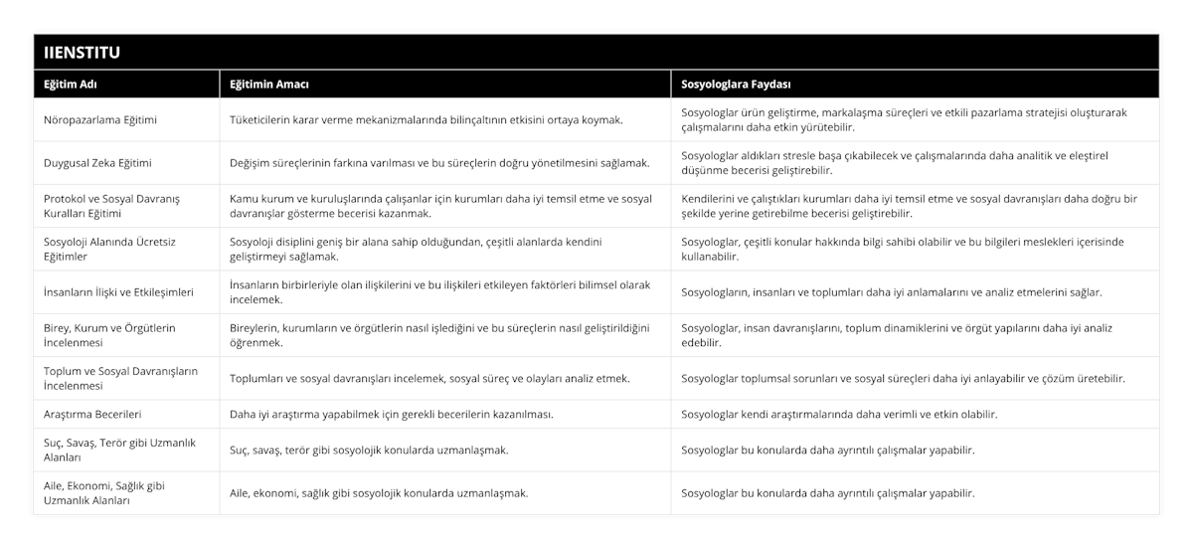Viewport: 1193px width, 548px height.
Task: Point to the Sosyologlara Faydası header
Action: (736, 85)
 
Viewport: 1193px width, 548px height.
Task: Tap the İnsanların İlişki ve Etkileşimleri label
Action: (118, 292)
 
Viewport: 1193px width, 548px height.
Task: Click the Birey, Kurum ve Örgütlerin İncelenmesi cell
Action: (110, 335)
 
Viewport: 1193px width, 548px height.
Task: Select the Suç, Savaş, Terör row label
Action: (112, 450)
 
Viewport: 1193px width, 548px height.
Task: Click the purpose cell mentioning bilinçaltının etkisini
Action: (426, 120)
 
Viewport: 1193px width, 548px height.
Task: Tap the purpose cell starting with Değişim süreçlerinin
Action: (439, 163)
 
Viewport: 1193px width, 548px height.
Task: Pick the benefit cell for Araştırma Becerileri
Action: (839, 414)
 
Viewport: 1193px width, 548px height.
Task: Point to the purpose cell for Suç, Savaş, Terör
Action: (369, 450)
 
